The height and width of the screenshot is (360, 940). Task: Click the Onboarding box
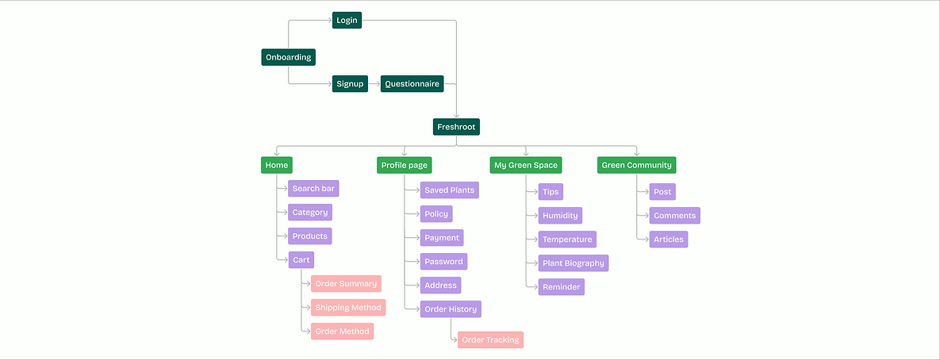(288, 57)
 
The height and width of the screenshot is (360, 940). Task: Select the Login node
(347, 20)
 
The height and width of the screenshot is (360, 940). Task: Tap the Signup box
(350, 83)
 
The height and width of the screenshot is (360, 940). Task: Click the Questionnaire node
(412, 83)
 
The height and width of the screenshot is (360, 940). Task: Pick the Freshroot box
(457, 126)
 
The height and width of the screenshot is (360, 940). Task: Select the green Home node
(277, 165)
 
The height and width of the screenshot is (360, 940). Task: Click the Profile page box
(404, 165)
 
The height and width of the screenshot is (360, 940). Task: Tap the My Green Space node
(526, 165)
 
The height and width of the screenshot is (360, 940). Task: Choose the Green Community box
(636, 165)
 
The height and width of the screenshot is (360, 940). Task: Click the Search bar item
(313, 189)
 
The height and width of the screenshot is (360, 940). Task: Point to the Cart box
(301, 259)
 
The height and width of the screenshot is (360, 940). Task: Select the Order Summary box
(346, 284)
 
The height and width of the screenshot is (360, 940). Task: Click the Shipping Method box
(348, 308)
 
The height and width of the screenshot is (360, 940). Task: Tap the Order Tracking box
(490, 339)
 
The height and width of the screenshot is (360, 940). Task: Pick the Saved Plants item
(449, 190)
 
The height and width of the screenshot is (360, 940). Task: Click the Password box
(443, 261)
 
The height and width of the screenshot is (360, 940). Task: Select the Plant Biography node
(573, 263)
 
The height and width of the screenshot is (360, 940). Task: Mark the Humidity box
(560, 216)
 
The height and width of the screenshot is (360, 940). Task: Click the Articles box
(668, 239)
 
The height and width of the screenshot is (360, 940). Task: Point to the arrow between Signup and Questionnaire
(374, 83)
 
